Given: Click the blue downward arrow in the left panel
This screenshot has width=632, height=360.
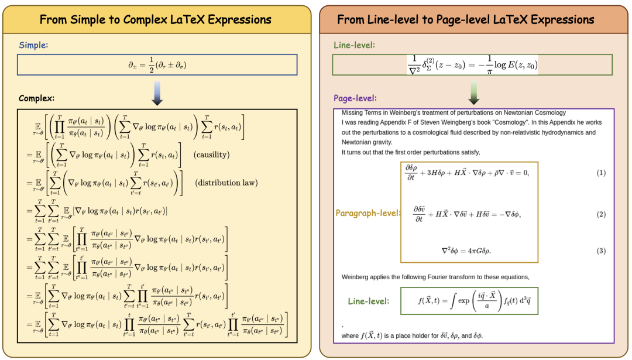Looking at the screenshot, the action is click(157, 94).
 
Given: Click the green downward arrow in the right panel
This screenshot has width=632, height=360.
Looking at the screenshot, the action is click(474, 92).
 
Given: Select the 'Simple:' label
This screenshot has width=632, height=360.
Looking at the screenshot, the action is click(33, 45).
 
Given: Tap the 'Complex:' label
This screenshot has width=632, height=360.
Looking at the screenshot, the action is click(36, 98).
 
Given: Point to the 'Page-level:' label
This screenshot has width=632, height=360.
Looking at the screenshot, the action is click(355, 98).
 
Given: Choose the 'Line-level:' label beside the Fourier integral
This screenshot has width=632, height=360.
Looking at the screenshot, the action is click(369, 301).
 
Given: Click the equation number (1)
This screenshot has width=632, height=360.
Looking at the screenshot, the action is click(601, 173).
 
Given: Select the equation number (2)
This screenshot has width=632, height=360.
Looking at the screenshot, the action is click(601, 214).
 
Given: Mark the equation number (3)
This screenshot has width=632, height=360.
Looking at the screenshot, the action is click(601, 251).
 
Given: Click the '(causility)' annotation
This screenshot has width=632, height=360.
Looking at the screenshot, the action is click(212, 155).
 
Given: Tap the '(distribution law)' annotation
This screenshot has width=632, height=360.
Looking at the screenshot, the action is click(226, 183).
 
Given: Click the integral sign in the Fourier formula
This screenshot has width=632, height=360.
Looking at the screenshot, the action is click(453, 301).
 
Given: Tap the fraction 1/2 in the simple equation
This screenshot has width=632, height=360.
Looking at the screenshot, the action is click(152, 65).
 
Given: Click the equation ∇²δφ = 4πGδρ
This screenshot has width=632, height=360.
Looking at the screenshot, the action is click(466, 251).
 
